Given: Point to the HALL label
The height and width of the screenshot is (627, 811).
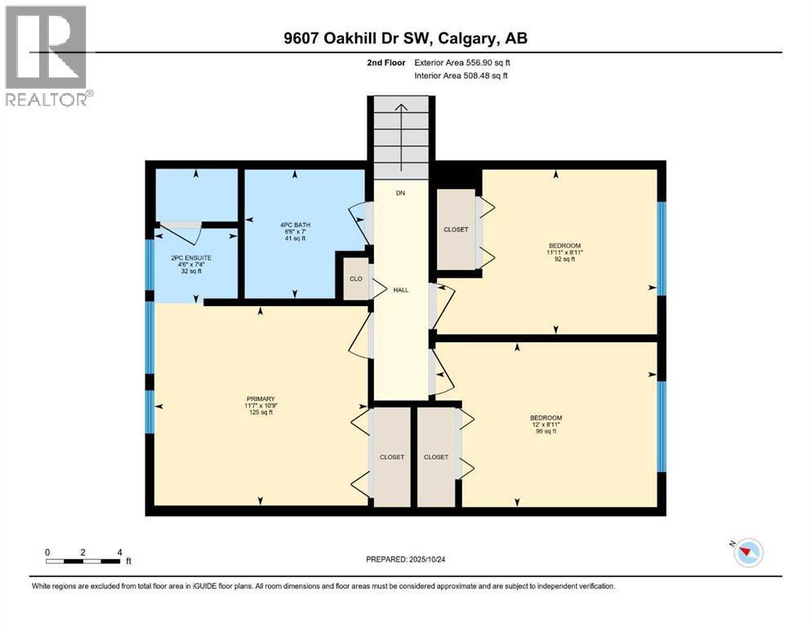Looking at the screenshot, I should pyautogui.click(x=400, y=290).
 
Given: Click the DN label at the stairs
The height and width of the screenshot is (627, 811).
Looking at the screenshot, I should pyautogui.click(x=400, y=193).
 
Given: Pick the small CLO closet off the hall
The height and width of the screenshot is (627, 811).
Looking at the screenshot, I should pyautogui.click(x=356, y=278).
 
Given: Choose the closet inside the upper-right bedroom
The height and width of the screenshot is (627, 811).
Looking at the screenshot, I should pyautogui.click(x=456, y=229).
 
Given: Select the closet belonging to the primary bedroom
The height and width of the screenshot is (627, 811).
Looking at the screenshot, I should pyautogui.click(x=391, y=457).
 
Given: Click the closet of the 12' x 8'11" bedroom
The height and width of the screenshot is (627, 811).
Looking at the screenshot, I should pyautogui.click(x=435, y=457).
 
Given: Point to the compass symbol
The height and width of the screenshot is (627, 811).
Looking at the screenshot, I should pyautogui.click(x=747, y=553).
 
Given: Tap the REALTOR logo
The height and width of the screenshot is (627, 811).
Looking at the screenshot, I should pyautogui.click(x=47, y=56).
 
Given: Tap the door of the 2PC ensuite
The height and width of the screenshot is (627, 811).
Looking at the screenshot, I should pyautogui.click(x=179, y=233).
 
